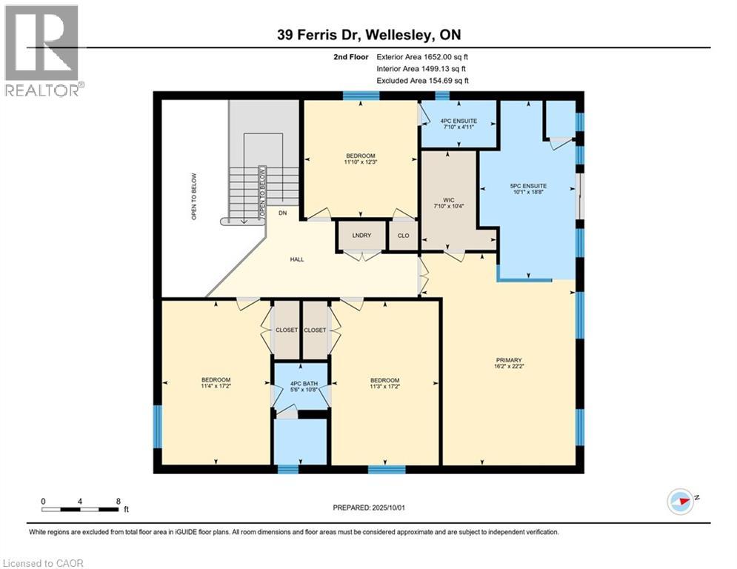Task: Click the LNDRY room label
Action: coord(361,235)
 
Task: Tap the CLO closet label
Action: coord(403,236)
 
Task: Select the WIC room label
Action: coord(448,200)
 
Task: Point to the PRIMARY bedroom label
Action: coord(509,360)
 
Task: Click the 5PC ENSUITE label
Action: coord(528,186)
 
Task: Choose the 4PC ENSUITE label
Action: coord(458,121)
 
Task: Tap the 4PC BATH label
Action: coord(304,383)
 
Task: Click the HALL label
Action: coord(297,259)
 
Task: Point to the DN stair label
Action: coord(282,213)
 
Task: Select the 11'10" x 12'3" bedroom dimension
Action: coord(361,162)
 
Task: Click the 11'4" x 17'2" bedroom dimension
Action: coord(216,386)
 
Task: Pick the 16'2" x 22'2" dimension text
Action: coord(509,366)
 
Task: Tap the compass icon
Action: coord(681,502)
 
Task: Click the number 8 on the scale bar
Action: coord(118,502)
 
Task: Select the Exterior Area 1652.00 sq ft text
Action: coord(422,57)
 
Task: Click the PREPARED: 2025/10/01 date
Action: coord(369,508)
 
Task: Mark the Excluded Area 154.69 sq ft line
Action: coord(422,81)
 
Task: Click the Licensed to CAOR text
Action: coord(43,563)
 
